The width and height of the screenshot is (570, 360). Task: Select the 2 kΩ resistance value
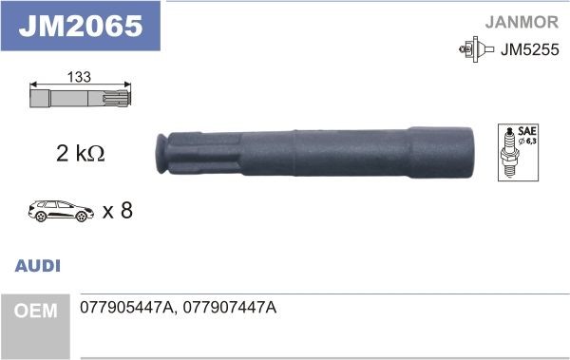pyautogui.click(x=78, y=152)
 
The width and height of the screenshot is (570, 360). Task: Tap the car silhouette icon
pyautogui.click(x=59, y=209)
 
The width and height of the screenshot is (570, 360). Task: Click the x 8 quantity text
pyautogui.click(x=116, y=210)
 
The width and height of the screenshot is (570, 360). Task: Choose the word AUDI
pyautogui.click(x=38, y=267)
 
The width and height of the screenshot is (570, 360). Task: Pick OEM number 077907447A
pyautogui.click(x=229, y=310)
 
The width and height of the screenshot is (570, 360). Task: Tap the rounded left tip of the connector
pyautogui.click(x=161, y=155)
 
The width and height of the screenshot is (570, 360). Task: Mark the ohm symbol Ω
pyautogui.click(x=95, y=153)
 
